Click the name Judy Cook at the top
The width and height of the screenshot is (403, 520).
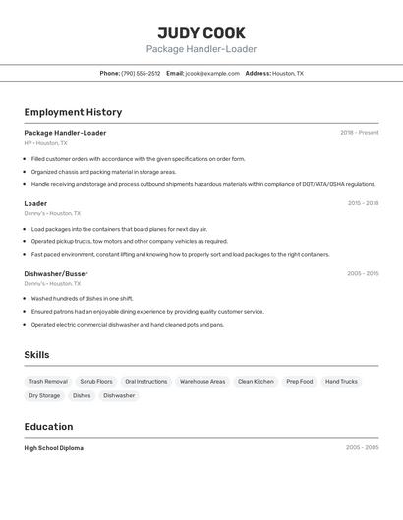[x=201, y=33]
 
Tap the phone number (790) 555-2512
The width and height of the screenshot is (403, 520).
[x=141, y=73]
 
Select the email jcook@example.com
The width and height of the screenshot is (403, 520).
[x=212, y=73]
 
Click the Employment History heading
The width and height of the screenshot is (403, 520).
[x=73, y=112]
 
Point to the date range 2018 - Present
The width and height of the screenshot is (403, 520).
[x=359, y=133]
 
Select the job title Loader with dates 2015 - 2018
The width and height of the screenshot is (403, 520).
[x=35, y=203]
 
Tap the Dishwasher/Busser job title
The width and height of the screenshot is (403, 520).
[x=56, y=273]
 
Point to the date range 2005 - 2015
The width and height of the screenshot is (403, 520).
[x=362, y=274]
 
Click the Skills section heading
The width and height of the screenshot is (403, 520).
[x=36, y=355]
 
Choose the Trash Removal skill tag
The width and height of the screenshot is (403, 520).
[x=48, y=381]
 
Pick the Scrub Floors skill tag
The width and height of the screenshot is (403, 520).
[x=96, y=381]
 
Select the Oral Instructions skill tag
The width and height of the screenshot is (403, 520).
[x=145, y=381]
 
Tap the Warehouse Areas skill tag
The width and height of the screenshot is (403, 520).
[x=202, y=381]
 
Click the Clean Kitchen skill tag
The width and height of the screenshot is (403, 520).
[x=256, y=381]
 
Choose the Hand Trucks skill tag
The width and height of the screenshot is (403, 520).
[x=341, y=381]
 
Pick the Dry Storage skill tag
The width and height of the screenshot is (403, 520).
[x=44, y=395]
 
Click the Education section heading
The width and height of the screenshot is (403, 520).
[x=48, y=427]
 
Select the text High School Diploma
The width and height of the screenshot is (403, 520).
[x=53, y=448]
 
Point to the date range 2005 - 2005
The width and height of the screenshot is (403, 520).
[x=362, y=448]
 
